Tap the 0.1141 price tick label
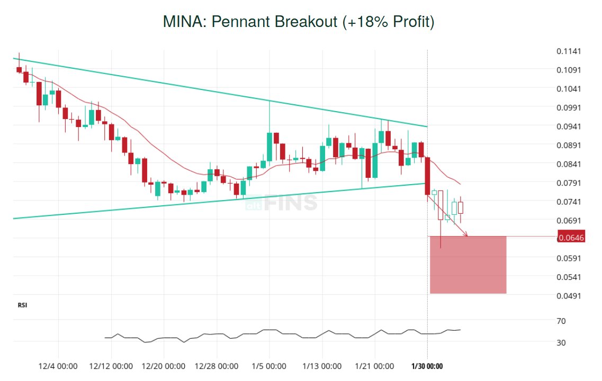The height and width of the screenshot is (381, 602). pos(569,51)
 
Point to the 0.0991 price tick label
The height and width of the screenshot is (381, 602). pos(569,108)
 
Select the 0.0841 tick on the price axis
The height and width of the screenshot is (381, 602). pos(569,165)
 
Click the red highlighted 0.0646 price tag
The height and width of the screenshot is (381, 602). pos(571,238)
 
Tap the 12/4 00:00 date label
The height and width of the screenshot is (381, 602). pos(58,366)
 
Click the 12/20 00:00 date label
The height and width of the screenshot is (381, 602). pos(164,366)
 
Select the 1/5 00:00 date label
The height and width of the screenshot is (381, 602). pos(269,366)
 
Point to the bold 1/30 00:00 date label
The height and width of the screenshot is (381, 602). pos(427,366)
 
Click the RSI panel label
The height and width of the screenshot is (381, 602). pos(23,305)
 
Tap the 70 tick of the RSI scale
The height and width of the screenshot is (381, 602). pos(561,321)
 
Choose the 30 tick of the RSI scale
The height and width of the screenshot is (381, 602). pos(561,343)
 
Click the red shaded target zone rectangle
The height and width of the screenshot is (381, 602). pos(468,265)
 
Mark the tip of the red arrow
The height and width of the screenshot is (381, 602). pos(467,235)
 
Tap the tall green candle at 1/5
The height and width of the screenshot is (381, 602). pos(269,147)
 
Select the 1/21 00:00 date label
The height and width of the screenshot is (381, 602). pos(374,366)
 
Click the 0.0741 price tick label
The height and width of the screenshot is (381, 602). pos(569,202)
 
